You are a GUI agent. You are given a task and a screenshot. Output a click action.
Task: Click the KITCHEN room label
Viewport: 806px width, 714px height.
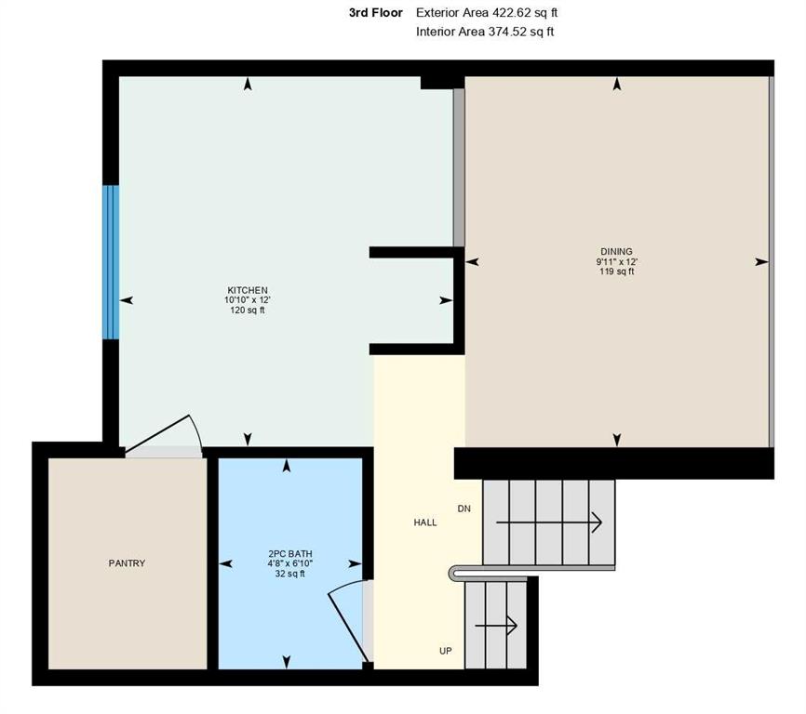[248, 290]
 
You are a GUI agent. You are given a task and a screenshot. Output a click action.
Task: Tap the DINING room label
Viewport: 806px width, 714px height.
[616, 252]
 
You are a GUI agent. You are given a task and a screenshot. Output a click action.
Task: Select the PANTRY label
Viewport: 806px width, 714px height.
[127, 563]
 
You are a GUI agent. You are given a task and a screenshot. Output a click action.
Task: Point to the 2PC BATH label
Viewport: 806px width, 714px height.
[289, 554]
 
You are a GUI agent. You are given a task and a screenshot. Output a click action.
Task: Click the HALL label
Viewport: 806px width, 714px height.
[425, 522]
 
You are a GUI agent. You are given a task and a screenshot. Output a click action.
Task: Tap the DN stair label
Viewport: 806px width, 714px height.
[464, 509]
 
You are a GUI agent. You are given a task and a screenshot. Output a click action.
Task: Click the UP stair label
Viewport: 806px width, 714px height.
[446, 651]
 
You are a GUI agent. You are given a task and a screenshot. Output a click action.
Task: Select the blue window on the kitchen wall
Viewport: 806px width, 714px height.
[111, 262]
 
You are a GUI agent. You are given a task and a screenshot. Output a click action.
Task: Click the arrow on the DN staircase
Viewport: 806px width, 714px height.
[549, 522]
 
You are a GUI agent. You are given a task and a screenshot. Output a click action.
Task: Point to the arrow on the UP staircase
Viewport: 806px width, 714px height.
[496, 625]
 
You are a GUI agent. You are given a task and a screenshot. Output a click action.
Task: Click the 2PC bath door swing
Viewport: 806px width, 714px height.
[346, 621]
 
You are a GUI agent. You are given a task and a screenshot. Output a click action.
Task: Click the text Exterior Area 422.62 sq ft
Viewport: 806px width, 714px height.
[487, 12]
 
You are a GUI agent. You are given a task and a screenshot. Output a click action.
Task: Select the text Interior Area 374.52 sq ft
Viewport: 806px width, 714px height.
[485, 32]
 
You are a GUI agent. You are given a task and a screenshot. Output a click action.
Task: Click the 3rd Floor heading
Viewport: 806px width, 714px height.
[376, 13]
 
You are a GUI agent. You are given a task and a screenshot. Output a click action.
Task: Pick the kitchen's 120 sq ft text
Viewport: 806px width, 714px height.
[248, 310]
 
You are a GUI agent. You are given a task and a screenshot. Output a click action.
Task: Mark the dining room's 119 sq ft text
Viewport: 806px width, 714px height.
[616, 271]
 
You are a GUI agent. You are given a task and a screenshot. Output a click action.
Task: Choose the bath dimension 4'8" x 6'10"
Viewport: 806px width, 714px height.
[289, 563]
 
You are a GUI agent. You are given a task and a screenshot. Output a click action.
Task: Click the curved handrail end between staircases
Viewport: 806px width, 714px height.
[452, 574]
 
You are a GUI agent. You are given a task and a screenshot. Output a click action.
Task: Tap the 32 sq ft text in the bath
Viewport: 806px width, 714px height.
[289, 574]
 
